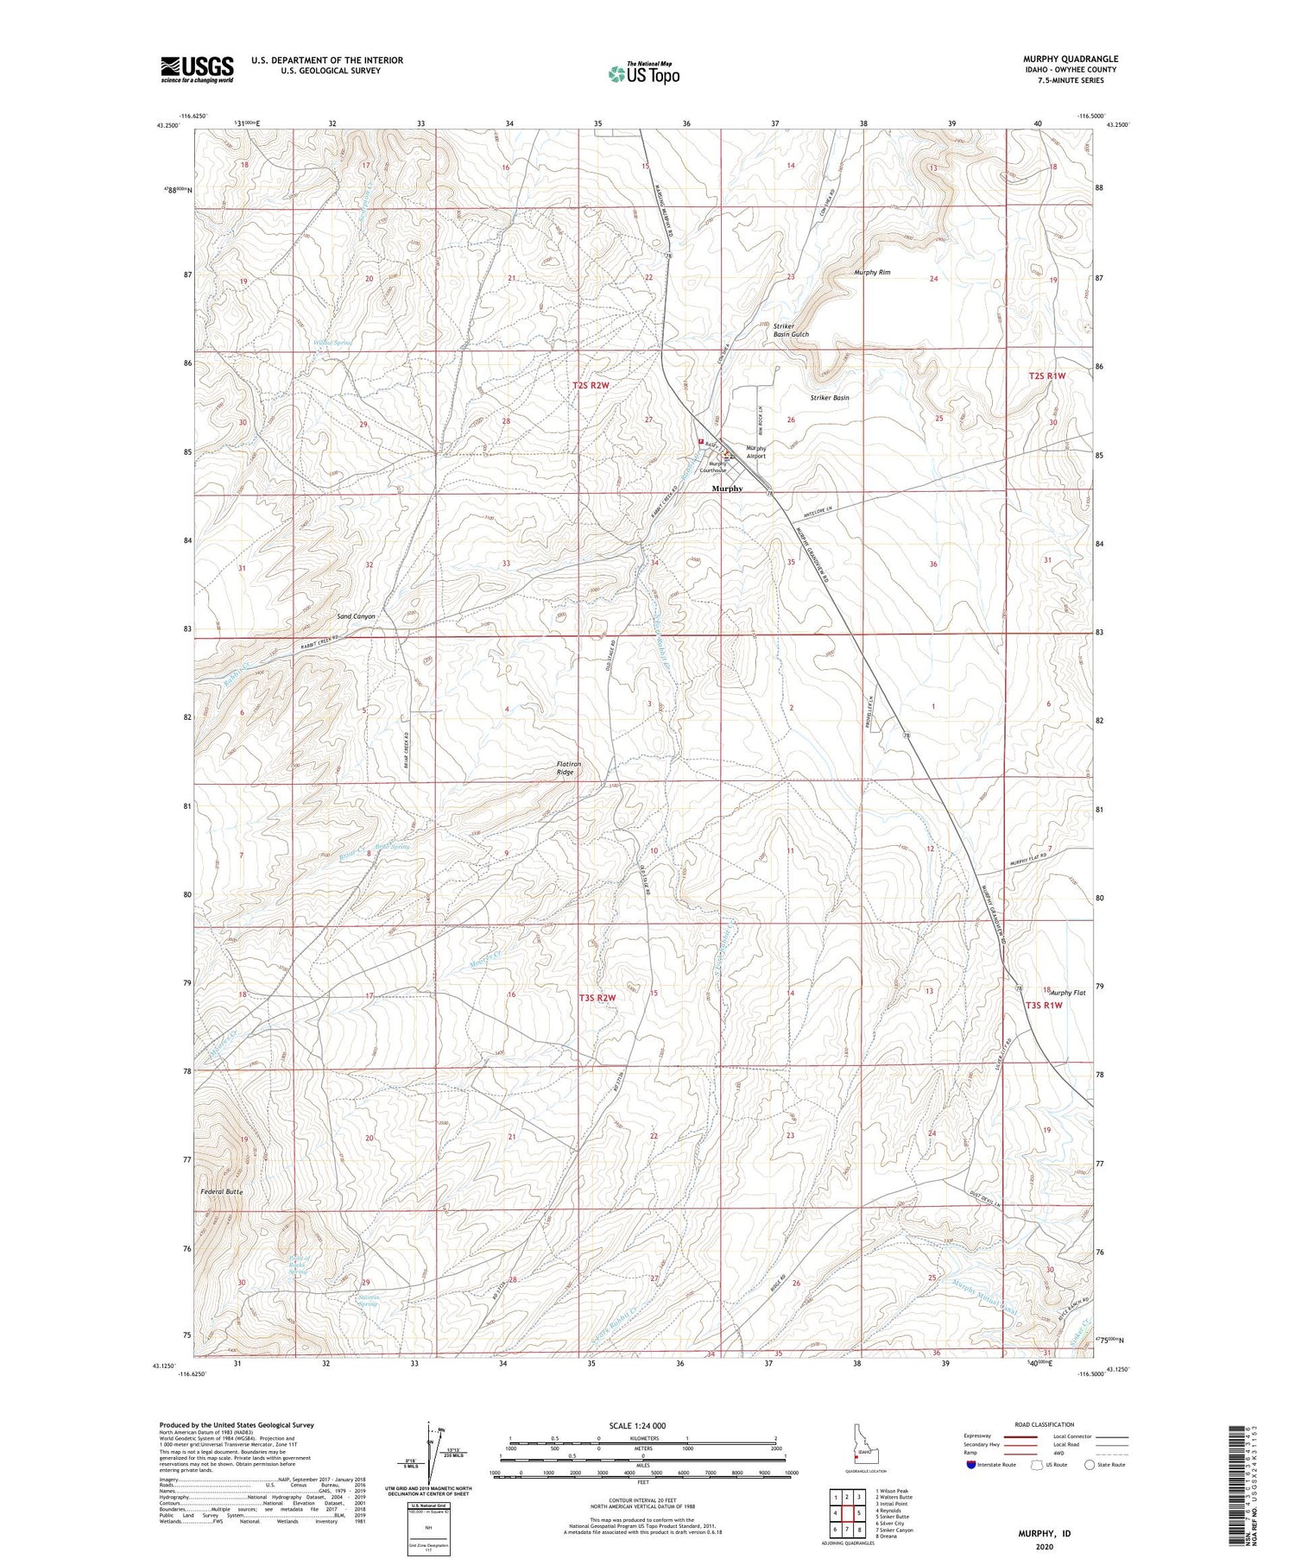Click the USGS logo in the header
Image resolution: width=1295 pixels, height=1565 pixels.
pos(197,69)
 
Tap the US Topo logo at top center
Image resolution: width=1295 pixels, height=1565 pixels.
pos(643,74)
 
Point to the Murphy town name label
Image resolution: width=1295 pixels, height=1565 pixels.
pos(727,489)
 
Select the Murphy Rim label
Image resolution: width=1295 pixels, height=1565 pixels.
pos(872,273)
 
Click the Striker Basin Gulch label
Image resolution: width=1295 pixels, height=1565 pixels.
pos(791,331)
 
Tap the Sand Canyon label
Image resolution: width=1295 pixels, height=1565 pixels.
pos(356,616)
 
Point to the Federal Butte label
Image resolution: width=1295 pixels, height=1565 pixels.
pos(222,1192)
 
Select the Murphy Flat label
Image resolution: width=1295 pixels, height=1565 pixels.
pos(1067,993)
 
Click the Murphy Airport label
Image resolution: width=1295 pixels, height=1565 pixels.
pos(756,452)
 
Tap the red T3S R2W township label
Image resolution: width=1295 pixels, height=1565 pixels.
pos(597,998)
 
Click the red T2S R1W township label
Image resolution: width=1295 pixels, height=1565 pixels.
pos(1047,376)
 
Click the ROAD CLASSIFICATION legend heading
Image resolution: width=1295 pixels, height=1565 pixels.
pos(1045,1424)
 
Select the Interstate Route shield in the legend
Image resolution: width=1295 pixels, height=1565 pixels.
pos(971,1465)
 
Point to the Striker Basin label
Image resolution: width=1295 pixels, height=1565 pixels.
pos(829,398)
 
